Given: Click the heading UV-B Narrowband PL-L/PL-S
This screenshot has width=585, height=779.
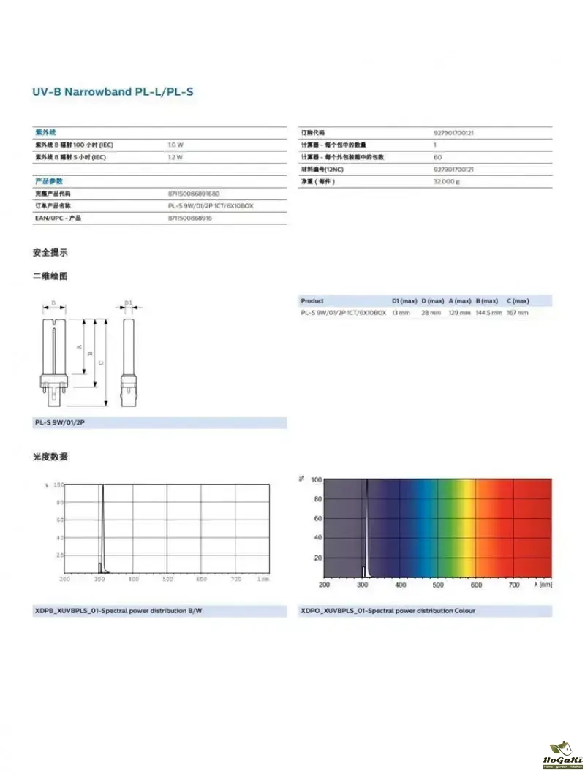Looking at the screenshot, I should pos(113,92).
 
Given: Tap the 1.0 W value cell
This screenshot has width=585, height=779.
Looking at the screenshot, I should pos(175,145).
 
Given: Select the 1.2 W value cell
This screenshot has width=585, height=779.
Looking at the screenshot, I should pos(175,157).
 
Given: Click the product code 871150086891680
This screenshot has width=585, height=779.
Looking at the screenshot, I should pos(194,194).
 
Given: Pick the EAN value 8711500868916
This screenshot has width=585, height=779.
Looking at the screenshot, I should pos(190,218).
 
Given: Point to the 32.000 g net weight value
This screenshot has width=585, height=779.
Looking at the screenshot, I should pos(447,181).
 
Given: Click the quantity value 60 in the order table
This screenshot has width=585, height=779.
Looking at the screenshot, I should pos(438,157).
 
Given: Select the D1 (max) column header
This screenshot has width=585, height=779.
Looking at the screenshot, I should pos(404,301).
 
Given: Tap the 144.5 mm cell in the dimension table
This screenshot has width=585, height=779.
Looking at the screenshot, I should pos(488,313).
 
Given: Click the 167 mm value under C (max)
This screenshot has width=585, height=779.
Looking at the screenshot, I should pos(517,313).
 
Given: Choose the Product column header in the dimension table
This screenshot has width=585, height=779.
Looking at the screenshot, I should pos(312,301).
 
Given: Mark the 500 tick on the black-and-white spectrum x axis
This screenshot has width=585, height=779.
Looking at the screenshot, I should pos(167,579).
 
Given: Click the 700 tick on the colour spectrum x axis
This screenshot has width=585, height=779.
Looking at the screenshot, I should pos(513,585).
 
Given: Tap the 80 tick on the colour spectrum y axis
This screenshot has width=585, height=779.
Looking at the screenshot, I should pos(317,499).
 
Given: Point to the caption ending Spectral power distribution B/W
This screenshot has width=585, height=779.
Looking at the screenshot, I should pos(118,610).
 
